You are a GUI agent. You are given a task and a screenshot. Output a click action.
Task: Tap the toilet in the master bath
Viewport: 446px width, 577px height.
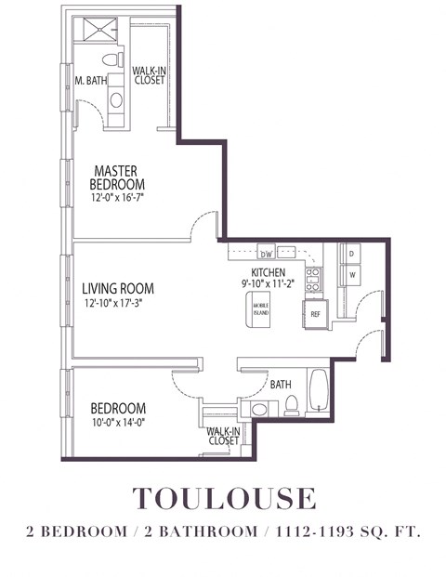111,60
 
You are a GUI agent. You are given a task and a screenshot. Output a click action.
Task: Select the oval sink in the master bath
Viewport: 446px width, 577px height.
116,99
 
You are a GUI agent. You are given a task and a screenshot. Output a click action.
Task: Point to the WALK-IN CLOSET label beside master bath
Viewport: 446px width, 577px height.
149,75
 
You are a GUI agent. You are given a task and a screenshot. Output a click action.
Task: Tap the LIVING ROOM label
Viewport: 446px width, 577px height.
117,288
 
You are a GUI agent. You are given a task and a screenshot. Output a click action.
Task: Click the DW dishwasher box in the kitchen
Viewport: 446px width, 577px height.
266,254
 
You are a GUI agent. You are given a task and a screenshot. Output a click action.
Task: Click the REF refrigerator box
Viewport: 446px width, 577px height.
315,313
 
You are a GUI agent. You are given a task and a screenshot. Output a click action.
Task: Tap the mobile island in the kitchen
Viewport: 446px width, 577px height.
260,309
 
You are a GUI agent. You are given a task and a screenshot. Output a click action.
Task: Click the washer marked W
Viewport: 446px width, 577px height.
352,276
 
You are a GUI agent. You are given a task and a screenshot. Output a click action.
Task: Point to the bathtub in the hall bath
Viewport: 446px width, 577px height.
319,393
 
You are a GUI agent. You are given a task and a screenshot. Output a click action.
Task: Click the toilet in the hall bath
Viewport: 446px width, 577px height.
291,403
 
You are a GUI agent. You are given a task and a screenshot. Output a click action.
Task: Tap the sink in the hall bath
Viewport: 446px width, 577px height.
258,409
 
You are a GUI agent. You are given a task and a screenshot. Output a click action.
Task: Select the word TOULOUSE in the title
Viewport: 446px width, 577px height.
224,498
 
